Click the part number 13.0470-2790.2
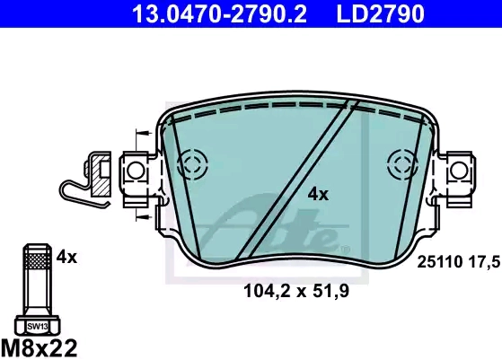click(220, 13)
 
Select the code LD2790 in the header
click(381, 13)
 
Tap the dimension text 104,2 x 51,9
click(296, 291)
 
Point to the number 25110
click(439, 262)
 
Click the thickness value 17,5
click(484, 263)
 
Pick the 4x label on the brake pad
click(318, 194)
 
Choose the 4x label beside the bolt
click(66, 257)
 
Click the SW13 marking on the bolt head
click(38, 327)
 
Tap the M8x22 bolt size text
click(39, 347)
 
